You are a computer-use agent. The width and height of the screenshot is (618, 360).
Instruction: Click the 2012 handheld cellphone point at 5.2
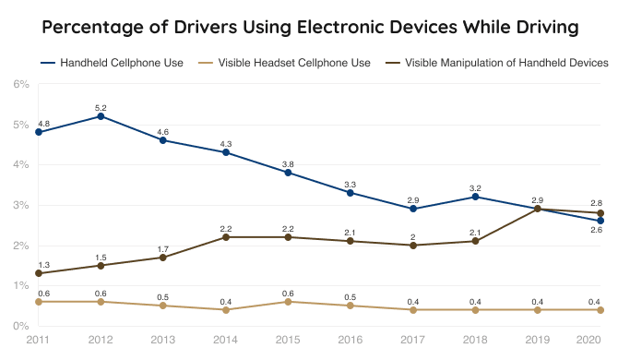click(100, 116)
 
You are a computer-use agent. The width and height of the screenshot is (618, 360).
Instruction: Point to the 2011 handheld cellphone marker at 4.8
click(38, 132)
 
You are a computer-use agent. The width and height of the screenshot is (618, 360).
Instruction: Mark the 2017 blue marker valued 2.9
click(413, 209)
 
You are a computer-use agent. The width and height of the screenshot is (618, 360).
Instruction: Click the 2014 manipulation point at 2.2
click(225, 237)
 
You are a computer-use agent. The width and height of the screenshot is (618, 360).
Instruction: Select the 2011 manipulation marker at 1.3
click(38, 273)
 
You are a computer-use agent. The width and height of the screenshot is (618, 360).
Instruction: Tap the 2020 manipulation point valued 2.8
click(600, 213)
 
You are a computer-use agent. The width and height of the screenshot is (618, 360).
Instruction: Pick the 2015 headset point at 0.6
click(288, 302)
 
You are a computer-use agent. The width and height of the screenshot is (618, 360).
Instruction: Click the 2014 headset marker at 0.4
click(225, 309)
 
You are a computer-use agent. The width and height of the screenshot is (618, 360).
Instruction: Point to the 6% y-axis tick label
click(20, 84)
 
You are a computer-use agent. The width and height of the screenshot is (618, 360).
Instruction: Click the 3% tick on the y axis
click(20, 205)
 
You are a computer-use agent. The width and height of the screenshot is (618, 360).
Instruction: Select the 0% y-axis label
click(20, 326)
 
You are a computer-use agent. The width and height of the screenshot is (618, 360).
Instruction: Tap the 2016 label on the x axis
click(351, 340)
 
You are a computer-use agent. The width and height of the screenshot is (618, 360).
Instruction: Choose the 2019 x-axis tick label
click(538, 340)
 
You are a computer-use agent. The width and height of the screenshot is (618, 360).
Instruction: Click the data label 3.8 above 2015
click(288, 163)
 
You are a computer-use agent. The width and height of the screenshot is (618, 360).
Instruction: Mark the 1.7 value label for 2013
click(162, 248)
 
